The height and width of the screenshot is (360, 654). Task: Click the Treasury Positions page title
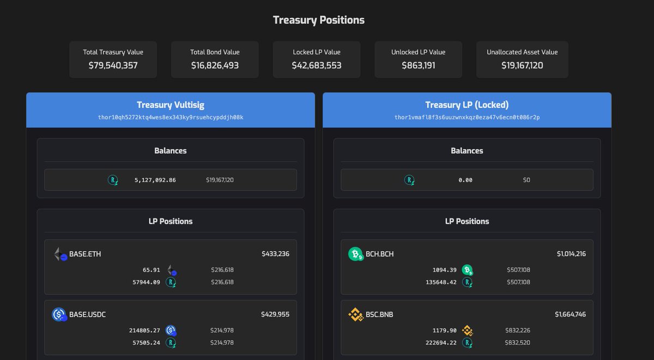[x=318, y=20]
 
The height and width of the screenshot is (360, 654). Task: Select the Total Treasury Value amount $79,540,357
[x=113, y=65]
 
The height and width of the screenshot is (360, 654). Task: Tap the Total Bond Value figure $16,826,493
[x=215, y=65]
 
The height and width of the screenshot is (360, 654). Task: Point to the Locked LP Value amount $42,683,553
[x=316, y=65]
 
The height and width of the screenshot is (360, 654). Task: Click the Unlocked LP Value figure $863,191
[x=418, y=65]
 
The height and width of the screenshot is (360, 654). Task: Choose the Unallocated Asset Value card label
[x=522, y=52]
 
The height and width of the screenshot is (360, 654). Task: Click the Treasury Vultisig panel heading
[x=170, y=105]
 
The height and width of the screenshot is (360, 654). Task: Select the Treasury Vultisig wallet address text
[x=170, y=117]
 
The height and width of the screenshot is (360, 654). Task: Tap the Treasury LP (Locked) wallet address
[x=467, y=117]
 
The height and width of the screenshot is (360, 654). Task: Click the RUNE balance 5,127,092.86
[x=155, y=180]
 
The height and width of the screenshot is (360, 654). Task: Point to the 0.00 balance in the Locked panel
[x=465, y=180]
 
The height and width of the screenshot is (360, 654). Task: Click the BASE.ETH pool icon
[x=60, y=254]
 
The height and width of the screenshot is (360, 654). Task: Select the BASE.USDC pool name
[x=87, y=314]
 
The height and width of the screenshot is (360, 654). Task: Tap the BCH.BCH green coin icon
[x=355, y=254]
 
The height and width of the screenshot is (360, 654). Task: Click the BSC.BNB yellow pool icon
[x=355, y=314]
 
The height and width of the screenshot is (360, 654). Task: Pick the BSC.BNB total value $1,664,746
[x=570, y=314]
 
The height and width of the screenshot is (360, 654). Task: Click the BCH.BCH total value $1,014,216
[x=571, y=254]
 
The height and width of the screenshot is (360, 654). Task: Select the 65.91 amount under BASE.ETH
[x=151, y=270]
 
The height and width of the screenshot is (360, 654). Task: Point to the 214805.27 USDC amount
[x=144, y=330]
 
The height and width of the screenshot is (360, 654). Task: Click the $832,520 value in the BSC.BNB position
[x=518, y=343]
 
